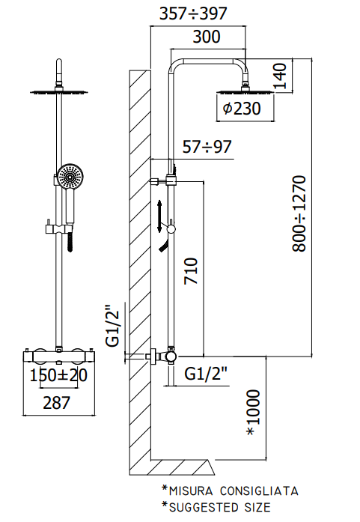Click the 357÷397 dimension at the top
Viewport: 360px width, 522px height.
(193, 13)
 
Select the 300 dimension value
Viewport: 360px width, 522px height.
(207, 36)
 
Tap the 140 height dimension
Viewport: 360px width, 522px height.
(279, 76)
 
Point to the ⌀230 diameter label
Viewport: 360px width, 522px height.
(242, 109)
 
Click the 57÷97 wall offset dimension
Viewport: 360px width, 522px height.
(207, 147)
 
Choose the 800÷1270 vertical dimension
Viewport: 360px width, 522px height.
(299, 213)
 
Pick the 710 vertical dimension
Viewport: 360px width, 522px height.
(191, 270)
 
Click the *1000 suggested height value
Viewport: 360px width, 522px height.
(253, 413)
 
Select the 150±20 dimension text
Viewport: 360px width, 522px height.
(58, 375)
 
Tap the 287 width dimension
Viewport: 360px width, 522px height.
(57, 403)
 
